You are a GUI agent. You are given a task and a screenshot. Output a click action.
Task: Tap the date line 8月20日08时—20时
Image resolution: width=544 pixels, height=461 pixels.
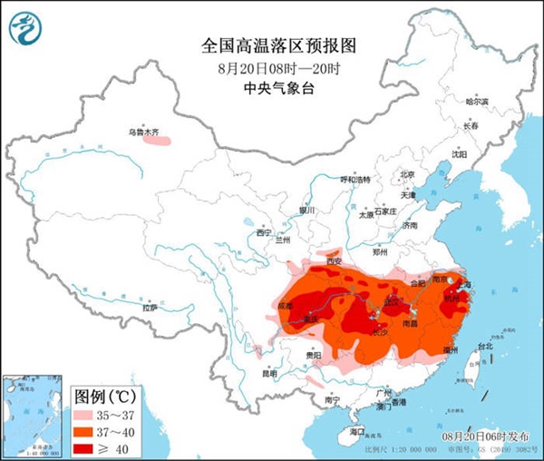271,67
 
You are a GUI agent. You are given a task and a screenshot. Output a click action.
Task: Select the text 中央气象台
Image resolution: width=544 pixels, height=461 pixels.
271,87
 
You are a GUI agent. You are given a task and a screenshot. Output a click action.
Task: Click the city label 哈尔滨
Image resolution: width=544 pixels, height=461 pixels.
476,102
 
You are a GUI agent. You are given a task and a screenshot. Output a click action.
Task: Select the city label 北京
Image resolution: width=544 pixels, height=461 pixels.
407,175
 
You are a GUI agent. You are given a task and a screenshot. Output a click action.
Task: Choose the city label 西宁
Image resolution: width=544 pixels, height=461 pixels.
264,233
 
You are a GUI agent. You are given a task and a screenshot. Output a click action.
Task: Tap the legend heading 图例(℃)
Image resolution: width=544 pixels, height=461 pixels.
104,397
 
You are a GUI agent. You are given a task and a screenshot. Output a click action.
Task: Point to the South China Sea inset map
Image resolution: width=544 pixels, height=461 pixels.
34,414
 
